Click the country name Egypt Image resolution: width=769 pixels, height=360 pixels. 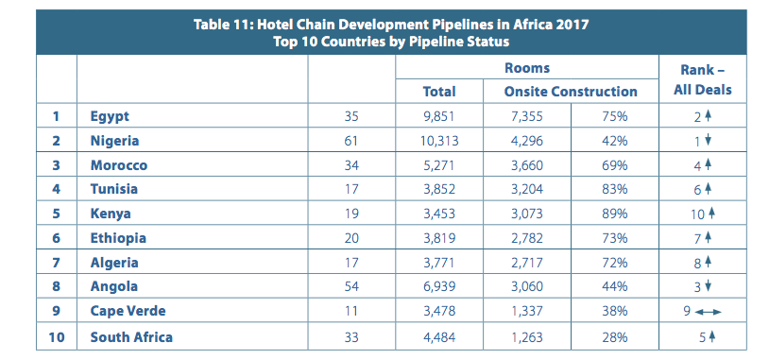tap(110, 117)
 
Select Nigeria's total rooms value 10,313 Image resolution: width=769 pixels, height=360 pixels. tap(439, 141)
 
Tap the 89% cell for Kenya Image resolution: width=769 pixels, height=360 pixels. tap(615, 214)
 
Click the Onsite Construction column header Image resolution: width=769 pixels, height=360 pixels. tap(571, 92)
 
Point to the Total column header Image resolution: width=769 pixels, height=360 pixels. tap(439, 92)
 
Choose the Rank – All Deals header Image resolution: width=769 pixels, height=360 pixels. tap(702, 80)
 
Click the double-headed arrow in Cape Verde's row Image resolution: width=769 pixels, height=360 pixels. tap(709, 312)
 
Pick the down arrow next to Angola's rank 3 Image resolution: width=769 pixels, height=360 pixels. tap(708, 287)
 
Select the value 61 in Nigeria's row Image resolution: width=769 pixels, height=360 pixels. tap(351, 141)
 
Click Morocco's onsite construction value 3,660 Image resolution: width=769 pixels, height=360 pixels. tap(527, 165)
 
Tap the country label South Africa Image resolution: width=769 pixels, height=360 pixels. tap(131, 337)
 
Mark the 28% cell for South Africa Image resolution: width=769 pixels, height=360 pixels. tap(615, 337)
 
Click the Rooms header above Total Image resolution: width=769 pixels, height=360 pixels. tap(527, 68)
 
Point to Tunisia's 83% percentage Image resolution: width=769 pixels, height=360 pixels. tap(615, 189)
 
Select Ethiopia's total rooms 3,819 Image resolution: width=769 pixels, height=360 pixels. tap(439, 238)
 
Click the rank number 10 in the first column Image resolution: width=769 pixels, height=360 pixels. tap(57, 337)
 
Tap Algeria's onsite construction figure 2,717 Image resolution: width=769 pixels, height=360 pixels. tap(527, 263)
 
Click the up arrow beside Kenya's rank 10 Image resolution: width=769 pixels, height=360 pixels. tap(712, 214)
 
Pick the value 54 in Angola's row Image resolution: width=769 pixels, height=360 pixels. tap(351, 287)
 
